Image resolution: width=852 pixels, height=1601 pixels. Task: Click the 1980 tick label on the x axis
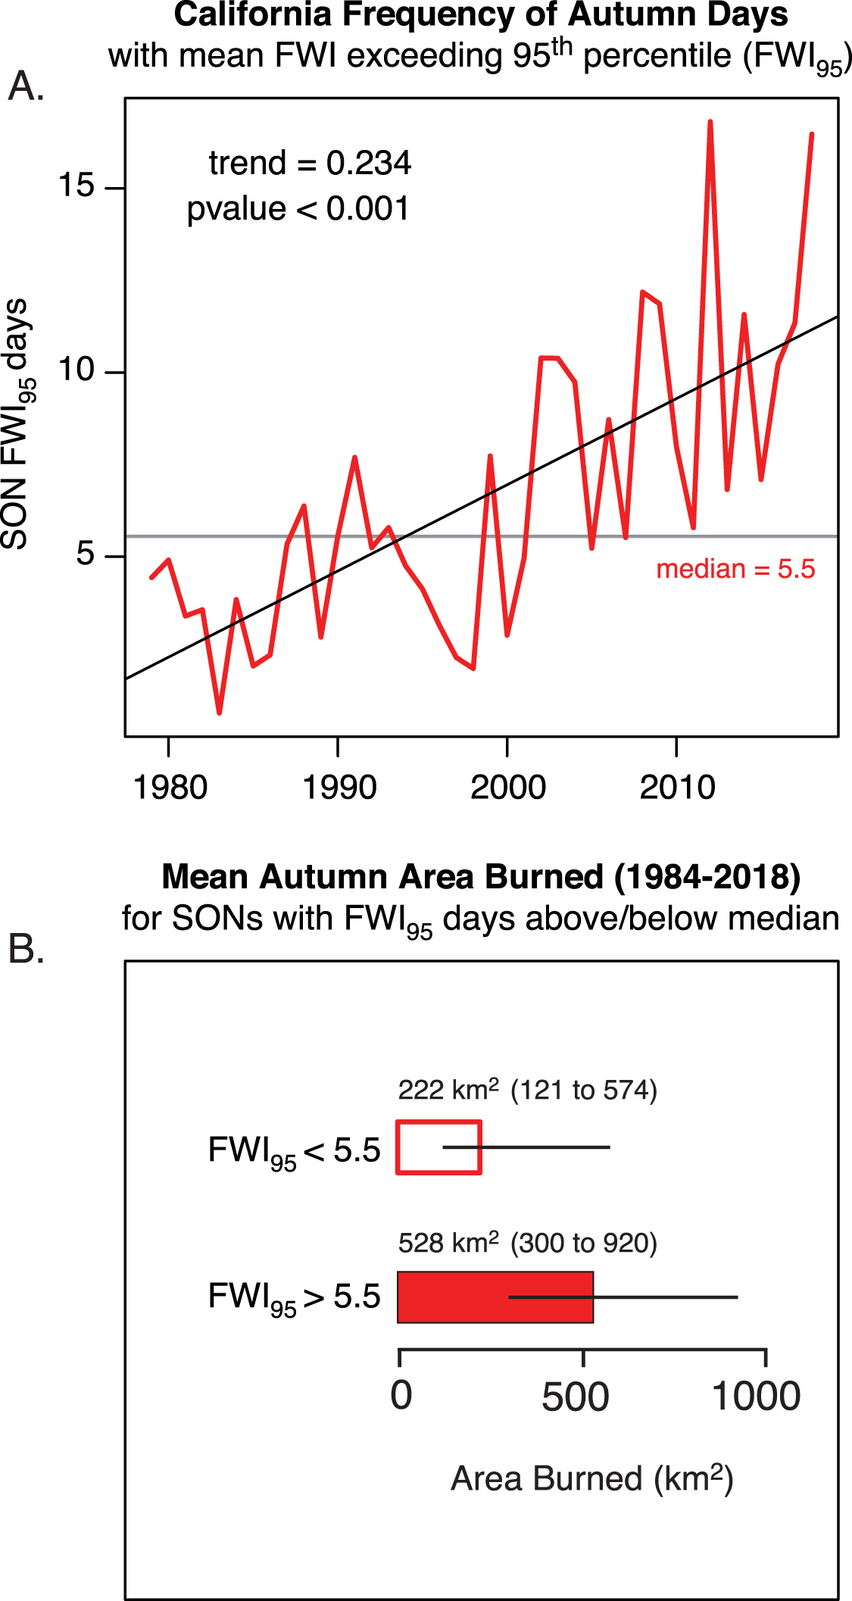tap(170, 788)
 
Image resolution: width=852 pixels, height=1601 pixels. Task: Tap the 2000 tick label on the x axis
tap(507, 788)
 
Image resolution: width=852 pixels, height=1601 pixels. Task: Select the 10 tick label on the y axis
tap(76, 370)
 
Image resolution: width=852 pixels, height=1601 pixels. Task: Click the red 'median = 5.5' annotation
tap(735, 569)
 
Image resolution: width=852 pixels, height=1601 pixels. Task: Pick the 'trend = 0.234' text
tap(310, 163)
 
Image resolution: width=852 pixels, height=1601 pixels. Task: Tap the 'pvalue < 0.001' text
tap(298, 209)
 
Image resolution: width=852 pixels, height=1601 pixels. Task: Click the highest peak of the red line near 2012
tap(710, 122)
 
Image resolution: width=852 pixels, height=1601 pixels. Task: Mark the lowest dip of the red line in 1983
tap(219, 713)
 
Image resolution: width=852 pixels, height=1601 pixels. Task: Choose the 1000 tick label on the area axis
tap(756, 1396)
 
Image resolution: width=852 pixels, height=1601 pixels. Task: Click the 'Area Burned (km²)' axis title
tap(591, 1479)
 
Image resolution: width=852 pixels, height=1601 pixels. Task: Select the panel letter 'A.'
tap(26, 86)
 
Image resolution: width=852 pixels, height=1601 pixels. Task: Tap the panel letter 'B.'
tap(26, 948)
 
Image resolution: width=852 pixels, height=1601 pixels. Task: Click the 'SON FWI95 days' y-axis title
tap(17, 424)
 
